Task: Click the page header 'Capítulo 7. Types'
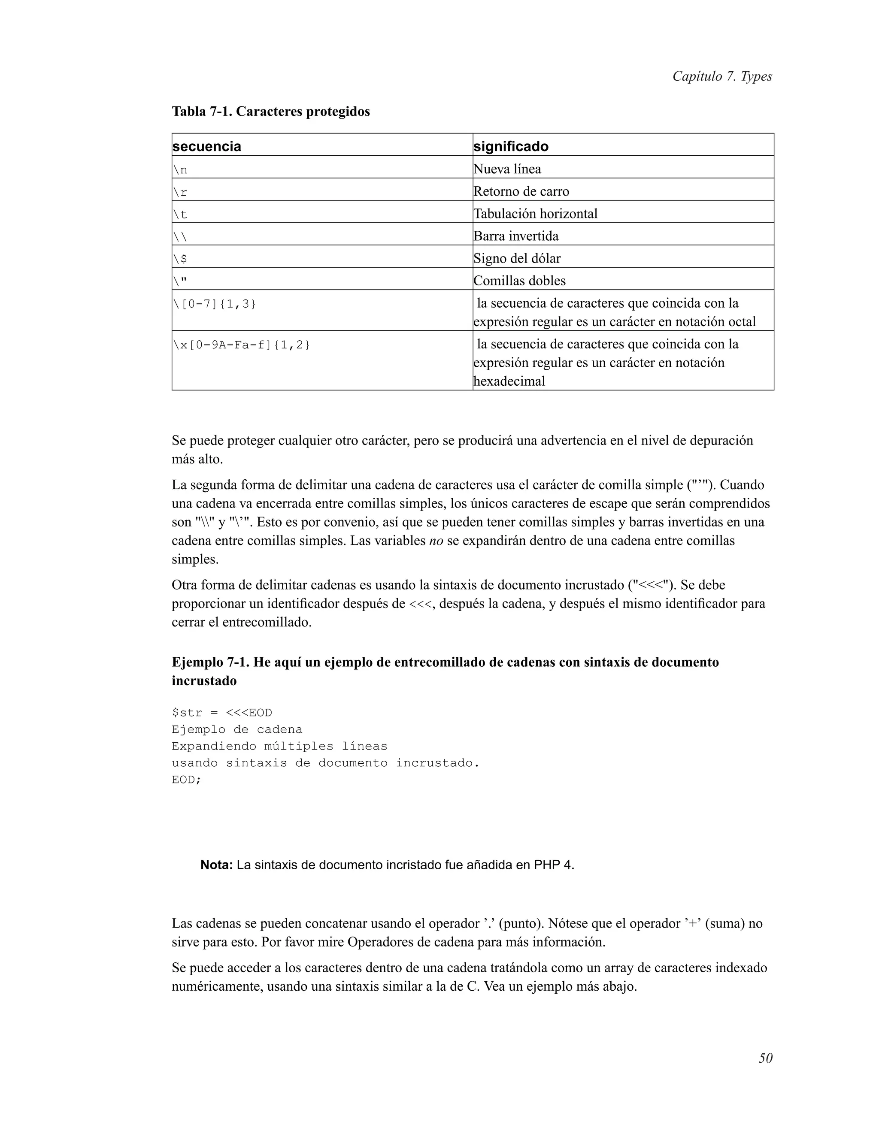(722, 76)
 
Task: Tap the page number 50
(765, 1058)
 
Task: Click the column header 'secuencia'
(207, 146)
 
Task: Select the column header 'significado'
(511, 146)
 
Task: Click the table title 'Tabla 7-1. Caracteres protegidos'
(271, 112)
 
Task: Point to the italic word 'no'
(436, 541)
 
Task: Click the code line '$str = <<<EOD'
(222, 713)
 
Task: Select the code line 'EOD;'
(186, 780)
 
